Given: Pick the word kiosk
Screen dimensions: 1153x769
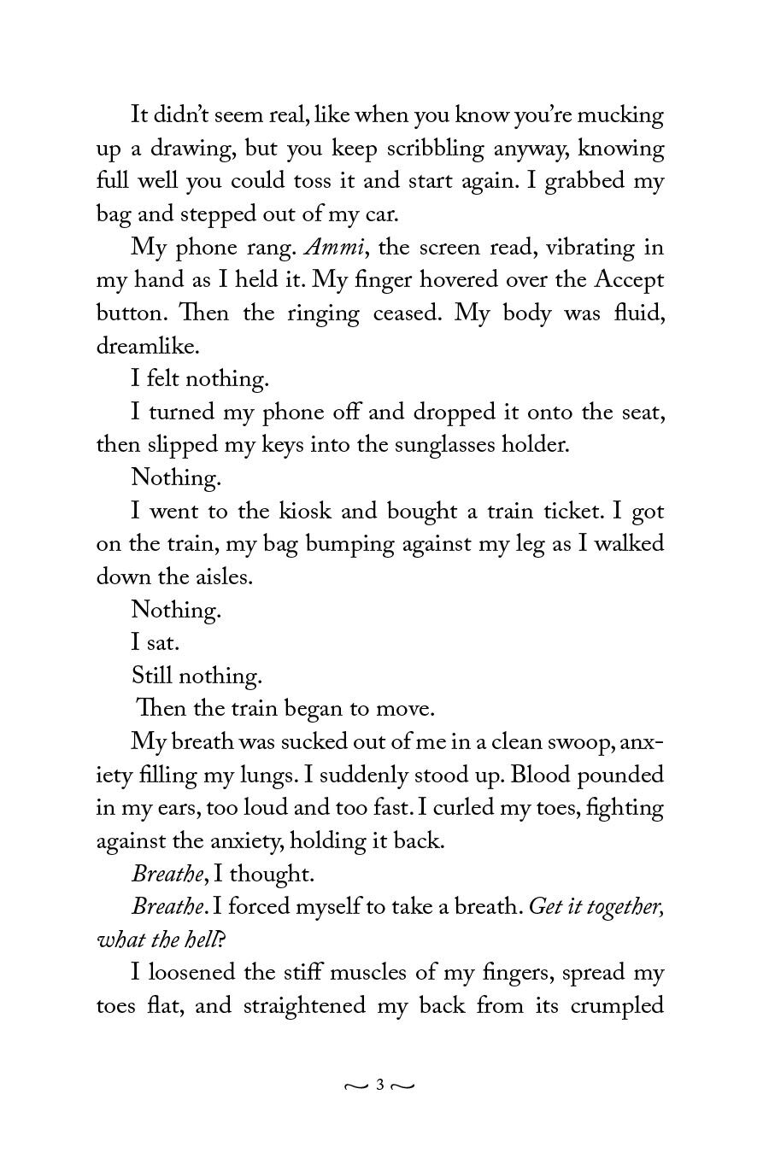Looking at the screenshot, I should tap(306, 512).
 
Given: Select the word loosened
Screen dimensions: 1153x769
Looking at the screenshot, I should tap(193, 973).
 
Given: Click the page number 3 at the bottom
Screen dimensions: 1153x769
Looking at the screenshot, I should tap(379, 1086).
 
